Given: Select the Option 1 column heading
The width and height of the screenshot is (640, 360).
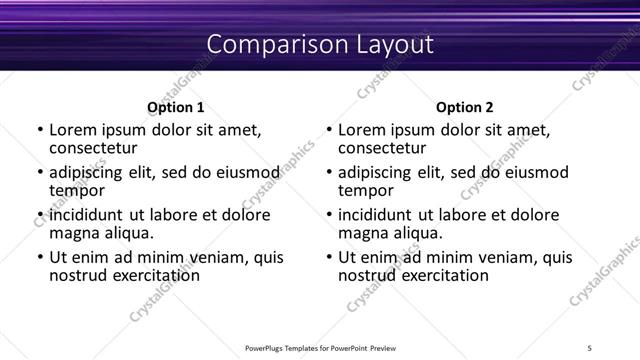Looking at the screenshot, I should click(x=175, y=107).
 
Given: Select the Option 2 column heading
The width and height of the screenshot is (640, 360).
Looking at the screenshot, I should click(x=464, y=107).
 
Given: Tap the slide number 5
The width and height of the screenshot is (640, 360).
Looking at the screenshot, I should click(x=589, y=347).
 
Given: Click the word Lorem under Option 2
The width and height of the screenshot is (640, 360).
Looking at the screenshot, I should click(x=361, y=130).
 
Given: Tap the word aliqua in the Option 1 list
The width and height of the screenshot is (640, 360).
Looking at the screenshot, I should click(x=128, y=233).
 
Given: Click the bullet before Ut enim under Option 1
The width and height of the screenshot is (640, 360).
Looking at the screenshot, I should click(x=39, y=258).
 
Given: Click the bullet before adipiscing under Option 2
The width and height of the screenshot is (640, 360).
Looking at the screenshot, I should click(x=328, y=174).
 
